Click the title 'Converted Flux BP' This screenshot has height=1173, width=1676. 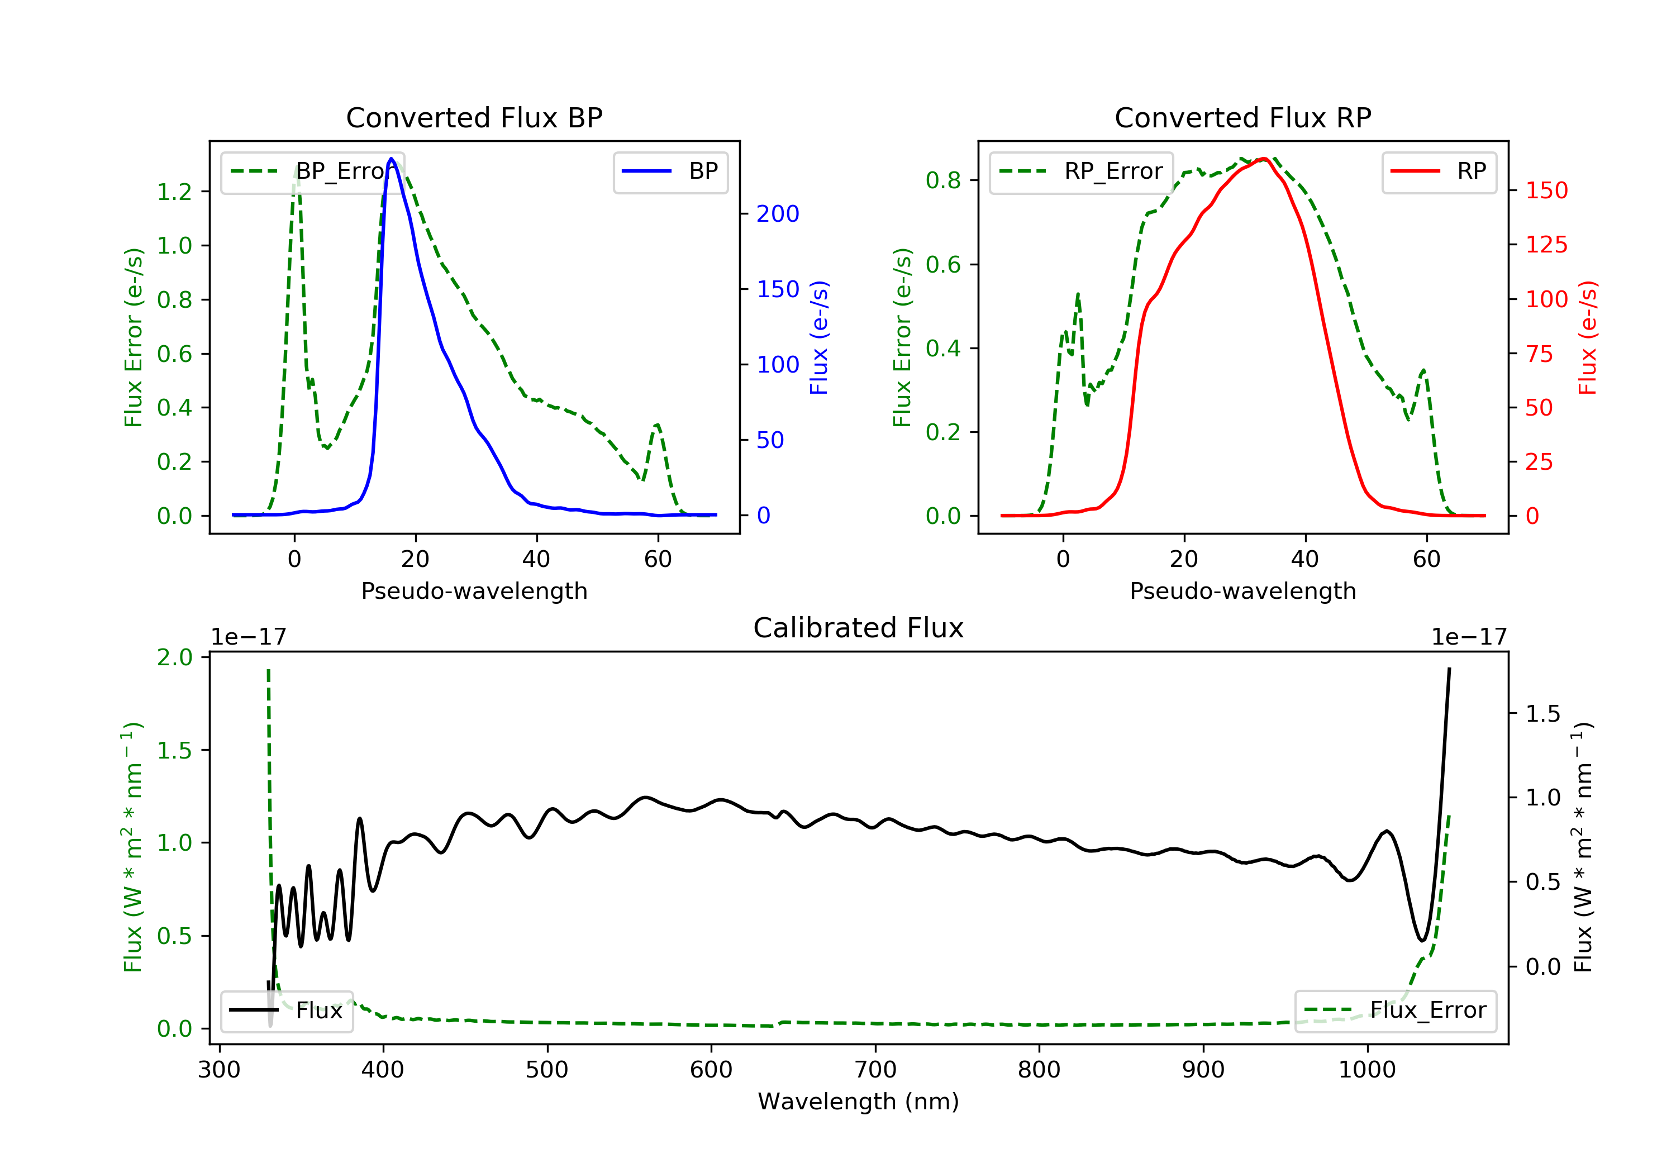coord(474,117)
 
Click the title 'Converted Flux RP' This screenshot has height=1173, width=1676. coord(1242,117)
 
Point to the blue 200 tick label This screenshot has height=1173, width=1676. coord(778,214)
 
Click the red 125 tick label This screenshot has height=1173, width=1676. coord(1546,245)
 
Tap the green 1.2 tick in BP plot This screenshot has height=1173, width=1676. coord(174,192)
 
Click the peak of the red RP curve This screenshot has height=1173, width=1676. coord(1264,159)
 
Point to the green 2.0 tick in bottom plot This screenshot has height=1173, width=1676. coord(174,657)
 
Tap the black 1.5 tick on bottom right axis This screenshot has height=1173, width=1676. coord(1542,714)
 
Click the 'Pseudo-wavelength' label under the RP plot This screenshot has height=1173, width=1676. coord(1242,590)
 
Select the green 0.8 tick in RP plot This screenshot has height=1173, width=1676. coord(942,180)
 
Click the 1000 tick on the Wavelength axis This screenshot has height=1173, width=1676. coord(1366,1070)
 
